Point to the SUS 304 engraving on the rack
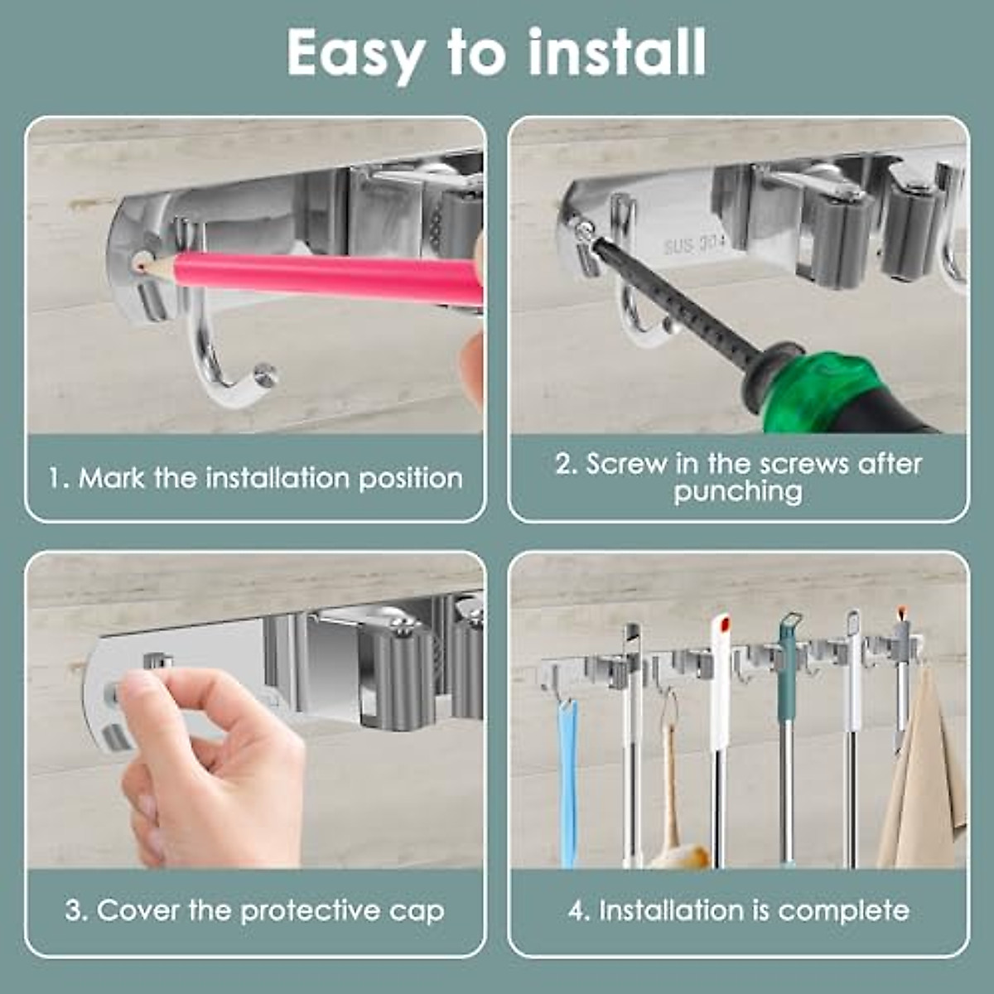[x=694, y=246]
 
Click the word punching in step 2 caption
[x=737, y=492]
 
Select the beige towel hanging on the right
[x=924, y=779]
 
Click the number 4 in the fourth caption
[x=577, y=911]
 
